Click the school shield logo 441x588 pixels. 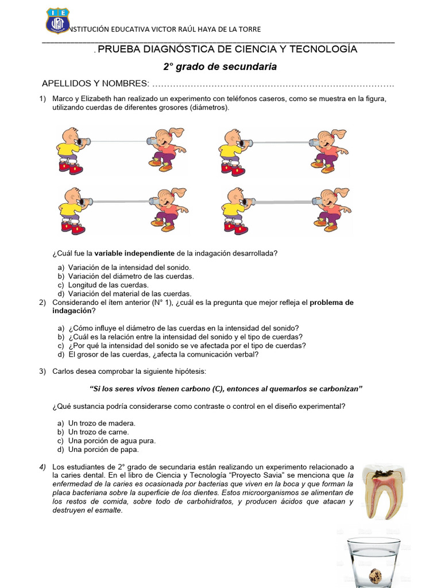(57, 21)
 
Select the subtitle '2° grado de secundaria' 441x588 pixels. (220, 67)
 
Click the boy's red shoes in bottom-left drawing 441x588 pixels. (73, 228)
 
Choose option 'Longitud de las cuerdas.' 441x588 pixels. (109, 285)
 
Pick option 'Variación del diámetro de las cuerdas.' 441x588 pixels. (131, 276)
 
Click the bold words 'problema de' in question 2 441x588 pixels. (331, 302)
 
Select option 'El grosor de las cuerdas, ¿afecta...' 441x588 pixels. (163, 354)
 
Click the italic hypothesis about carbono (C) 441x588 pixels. (227, 389)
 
